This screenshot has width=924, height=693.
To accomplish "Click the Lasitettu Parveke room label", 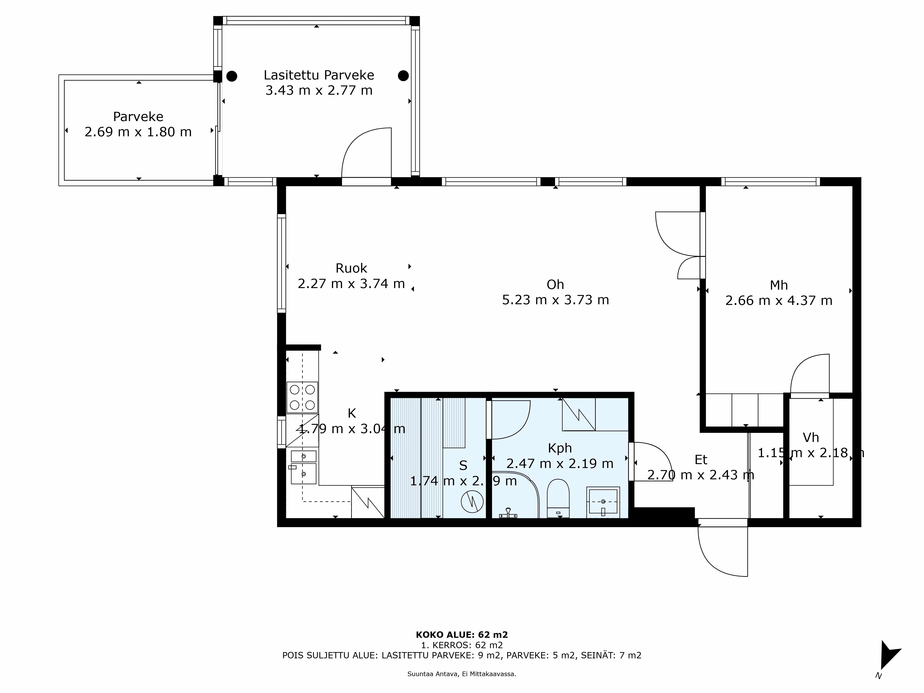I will (319, 75).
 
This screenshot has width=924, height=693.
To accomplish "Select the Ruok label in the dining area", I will (351, 268).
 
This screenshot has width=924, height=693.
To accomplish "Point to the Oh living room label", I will (555, 284).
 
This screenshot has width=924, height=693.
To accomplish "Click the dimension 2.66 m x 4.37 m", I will (779, 301).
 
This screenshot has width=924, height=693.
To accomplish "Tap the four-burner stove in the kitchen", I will (302, 397).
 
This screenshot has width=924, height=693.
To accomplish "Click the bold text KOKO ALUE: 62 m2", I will (462, 635).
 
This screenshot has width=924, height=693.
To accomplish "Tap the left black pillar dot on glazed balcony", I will (232, 76).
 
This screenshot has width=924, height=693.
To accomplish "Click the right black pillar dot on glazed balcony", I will (403, 76).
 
